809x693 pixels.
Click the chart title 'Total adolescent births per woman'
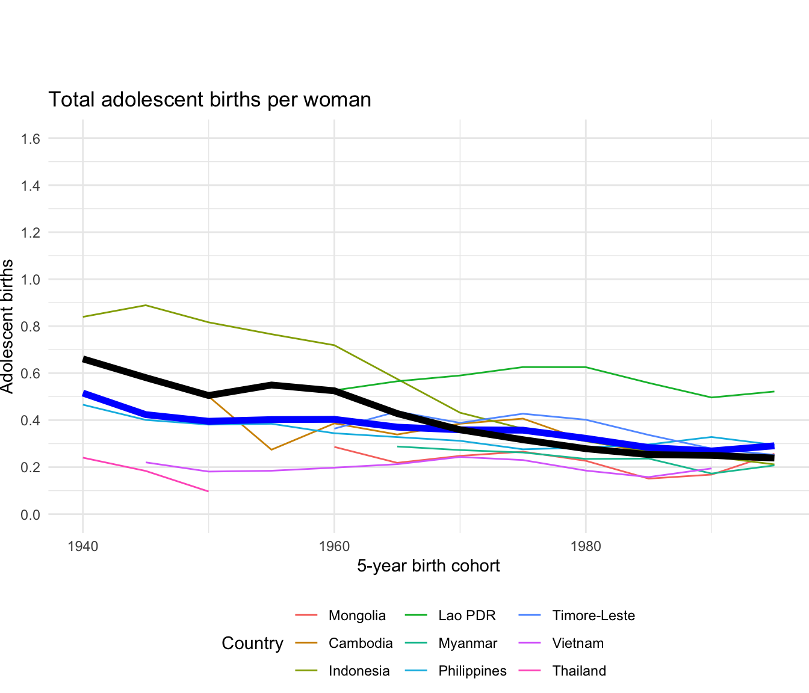click(209, 100)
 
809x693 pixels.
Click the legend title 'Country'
click(252, 643)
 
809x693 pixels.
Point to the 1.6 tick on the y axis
click(31, 139)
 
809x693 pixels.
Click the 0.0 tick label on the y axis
click(31, 514)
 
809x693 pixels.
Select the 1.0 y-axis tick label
click(31, 280)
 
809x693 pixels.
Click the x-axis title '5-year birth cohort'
click(428, 566)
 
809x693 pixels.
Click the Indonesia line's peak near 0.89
click(146, 305)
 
